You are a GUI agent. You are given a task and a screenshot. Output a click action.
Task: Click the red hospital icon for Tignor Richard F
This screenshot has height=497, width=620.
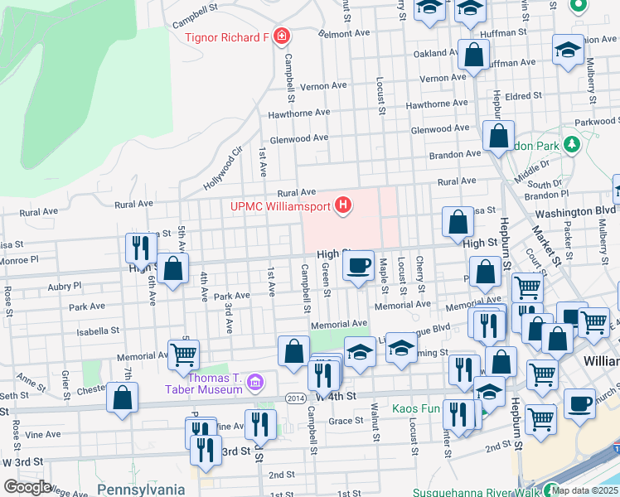pos(282,36)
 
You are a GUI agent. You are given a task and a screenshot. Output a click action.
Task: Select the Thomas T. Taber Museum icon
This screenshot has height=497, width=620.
pos(255,383)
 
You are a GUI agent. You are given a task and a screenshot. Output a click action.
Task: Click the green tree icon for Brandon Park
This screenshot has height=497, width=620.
pos(571,145)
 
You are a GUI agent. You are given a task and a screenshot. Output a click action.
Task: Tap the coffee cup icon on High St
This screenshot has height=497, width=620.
pos(358,266)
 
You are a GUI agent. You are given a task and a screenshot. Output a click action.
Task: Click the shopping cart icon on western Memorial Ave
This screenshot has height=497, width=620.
pos(183,355)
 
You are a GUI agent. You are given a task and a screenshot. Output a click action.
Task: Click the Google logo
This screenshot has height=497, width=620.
pos(27,486)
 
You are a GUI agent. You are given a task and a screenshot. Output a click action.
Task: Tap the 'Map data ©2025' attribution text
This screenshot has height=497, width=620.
pos(585,490)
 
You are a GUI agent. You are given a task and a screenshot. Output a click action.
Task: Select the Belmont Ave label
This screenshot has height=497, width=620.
pos(345,34)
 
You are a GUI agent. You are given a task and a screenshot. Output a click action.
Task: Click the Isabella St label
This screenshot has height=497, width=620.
pos(98,331)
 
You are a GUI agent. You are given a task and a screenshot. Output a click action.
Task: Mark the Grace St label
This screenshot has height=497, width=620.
pos(341,421)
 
